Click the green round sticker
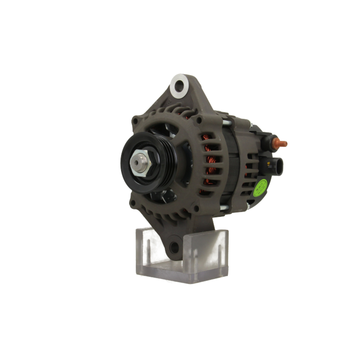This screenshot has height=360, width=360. point(260,188)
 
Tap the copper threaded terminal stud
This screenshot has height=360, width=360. point(282,144)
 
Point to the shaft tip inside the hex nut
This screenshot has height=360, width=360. point(137,162)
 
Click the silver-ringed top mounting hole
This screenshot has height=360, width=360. point(179,84)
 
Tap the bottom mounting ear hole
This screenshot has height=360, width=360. point(175,247)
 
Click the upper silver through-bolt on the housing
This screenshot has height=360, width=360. point(226,123)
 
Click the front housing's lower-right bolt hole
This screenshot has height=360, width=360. point(196,208)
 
